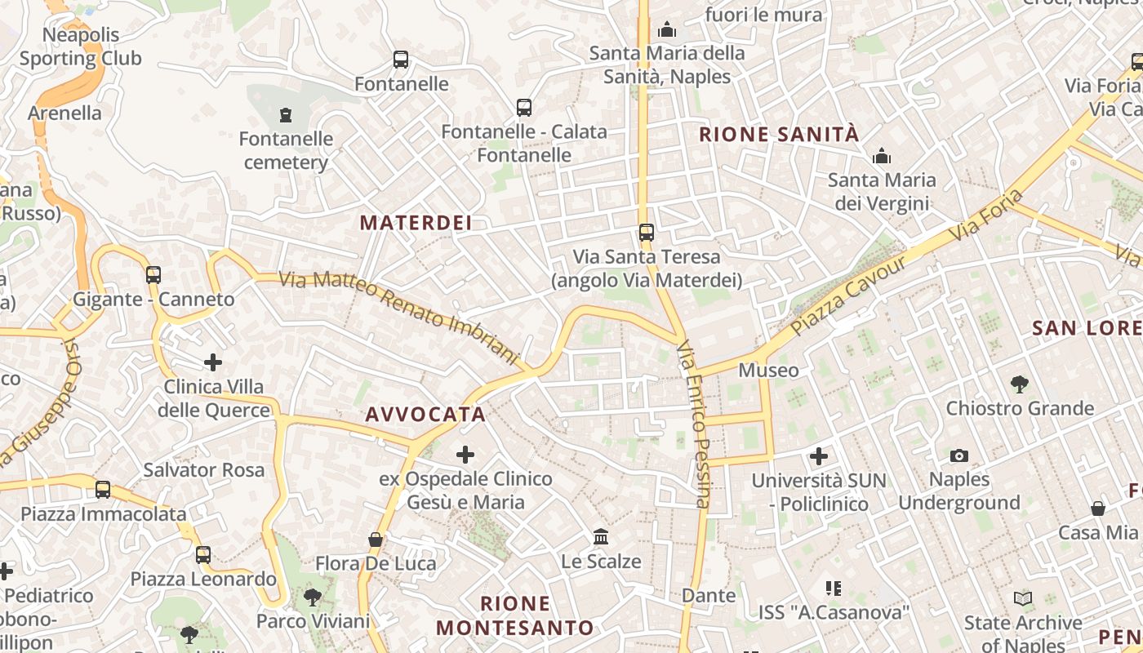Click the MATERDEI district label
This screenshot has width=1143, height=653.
tap(416, 223)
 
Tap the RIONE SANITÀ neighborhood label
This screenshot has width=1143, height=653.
tap(780, 135)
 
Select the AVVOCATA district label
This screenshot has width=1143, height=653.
tap(425, 415)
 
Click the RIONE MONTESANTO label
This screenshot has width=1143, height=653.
tap(515, 615)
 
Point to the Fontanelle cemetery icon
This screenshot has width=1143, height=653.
tap(286, 115)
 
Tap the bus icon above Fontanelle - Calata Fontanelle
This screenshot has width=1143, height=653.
tap(524, 107)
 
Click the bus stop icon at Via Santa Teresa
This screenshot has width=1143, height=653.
tap(647, 233)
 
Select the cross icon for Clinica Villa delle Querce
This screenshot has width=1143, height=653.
tap(213, 362)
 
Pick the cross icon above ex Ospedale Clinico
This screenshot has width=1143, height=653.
tap(465, 454)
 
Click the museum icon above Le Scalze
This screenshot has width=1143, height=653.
tap(602, 537)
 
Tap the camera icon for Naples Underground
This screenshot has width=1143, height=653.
tap(959, 455)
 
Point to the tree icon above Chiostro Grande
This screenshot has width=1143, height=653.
tap(1019, 384)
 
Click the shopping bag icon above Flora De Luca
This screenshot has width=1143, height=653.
tap(376, 540)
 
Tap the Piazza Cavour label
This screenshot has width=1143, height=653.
tap(849, 295)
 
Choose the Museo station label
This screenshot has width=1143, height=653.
tap(768, 370)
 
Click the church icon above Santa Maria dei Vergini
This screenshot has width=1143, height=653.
tap(882, 156)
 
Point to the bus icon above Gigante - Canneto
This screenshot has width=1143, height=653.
tap(153, 275)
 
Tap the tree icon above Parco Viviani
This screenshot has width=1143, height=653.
tap(312, 597)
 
